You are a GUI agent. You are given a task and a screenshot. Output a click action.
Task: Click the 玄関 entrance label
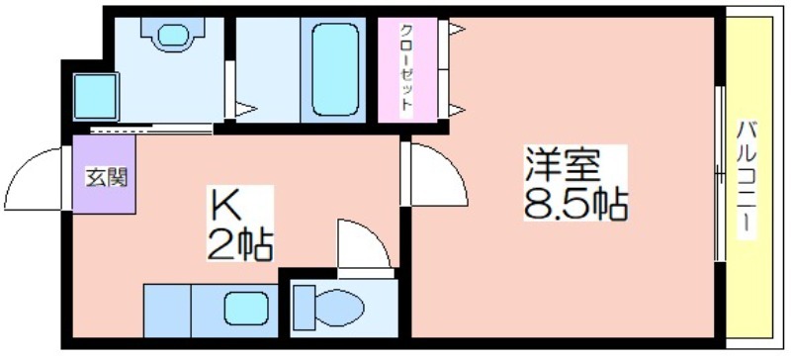(x=104, y=178)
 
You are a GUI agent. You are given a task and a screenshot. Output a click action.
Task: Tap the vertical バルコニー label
(x=747, y=179)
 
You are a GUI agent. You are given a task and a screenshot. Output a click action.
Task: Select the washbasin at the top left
(x=172, y=34)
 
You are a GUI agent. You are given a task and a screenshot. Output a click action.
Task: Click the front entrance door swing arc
(x=36, y=174)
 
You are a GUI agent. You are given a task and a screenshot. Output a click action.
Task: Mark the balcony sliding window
(x=720, y=178)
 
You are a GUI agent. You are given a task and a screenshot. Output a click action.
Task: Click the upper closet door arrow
(x=456, y=30)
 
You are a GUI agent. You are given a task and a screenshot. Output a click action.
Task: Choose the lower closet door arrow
(x=456, y=108)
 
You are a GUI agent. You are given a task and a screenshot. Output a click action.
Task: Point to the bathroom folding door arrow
(x=244, y=108)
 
